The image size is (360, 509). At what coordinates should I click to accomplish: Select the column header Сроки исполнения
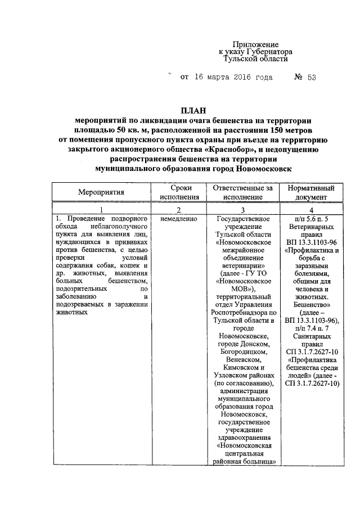179,192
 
